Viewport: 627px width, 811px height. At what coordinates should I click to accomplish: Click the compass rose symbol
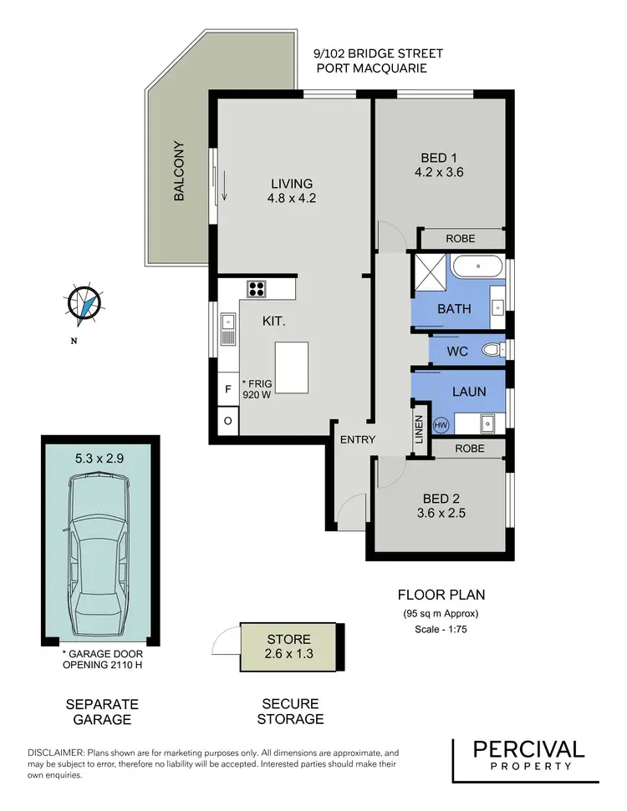(x=84, y=304)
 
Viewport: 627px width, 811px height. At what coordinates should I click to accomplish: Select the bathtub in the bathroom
(x=477, y=268)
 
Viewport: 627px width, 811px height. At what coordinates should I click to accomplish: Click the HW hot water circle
(x=418, y=425)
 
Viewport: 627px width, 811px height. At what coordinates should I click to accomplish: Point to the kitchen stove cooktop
(x=257, y=289)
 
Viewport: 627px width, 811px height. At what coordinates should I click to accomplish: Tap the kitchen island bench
(x=290, y=367)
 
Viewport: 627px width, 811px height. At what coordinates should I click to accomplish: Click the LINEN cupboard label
(x=420, y=432)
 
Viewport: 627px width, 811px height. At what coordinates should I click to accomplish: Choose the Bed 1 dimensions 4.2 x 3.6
(x=439, y=173)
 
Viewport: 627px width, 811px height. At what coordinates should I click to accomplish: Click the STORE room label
(x=289, y=639)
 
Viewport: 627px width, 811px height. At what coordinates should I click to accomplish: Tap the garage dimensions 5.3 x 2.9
(x=99, y=458)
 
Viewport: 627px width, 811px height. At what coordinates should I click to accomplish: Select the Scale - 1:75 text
(x=441, y=630)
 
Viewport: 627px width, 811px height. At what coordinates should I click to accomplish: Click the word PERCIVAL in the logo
(x=528, y=749)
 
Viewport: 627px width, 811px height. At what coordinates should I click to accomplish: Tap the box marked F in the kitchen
(x=228, y=389)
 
